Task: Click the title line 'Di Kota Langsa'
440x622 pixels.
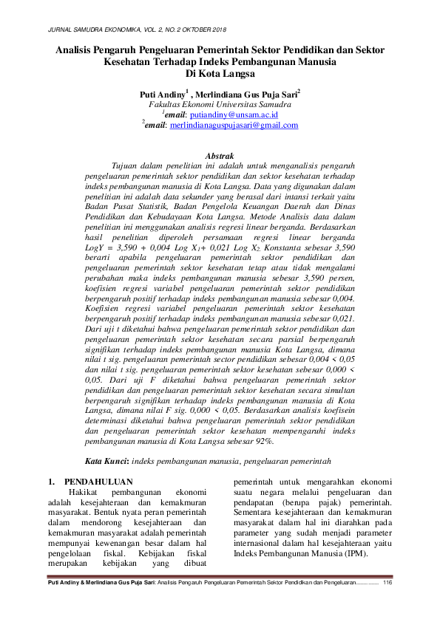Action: [220, 74]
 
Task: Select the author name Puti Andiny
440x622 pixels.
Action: [163, 95]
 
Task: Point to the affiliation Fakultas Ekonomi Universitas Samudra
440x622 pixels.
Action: [220, 105]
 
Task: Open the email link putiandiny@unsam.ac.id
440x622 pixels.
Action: [233, 115]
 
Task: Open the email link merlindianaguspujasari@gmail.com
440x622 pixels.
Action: [234, 126]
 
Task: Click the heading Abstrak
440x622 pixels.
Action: [219, 156]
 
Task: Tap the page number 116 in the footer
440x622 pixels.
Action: [387, 583]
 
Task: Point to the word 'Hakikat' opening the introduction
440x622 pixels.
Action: [81, 492]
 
